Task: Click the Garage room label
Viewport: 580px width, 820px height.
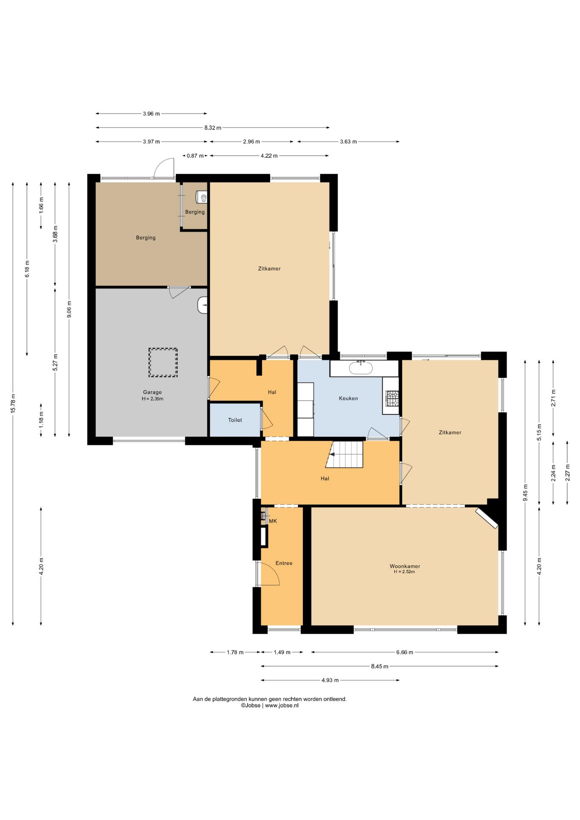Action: pos(152,392)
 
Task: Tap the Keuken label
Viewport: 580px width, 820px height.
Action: pos(349,398)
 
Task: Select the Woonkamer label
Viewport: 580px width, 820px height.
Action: pos(405,566)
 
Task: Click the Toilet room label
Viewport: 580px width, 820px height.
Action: pos(235,420)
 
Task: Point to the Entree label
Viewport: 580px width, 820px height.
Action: pos(284,563)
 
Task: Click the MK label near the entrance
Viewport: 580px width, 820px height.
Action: pos(273,521)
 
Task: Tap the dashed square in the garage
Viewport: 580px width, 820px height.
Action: pos(163,363)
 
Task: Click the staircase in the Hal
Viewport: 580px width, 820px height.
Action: pos(345,454)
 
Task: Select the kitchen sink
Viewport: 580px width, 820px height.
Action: pos(361,368)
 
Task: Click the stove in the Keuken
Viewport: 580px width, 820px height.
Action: pos(392,398)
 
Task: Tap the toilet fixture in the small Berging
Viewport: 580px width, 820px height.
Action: pos(202,197)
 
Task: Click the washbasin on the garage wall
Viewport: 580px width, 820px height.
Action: pos(203,305)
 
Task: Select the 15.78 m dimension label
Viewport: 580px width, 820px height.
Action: pos(13,403)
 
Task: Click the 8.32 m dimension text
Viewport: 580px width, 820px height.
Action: pos(213,128)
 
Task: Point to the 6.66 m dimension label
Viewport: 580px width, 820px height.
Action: pos(404,652)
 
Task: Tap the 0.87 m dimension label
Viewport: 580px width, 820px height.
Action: pos(195,156)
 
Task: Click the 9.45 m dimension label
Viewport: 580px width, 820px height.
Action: pos(525,493)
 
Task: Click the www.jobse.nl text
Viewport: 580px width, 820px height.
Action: pos(281,706)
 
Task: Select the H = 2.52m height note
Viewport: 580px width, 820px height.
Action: pos(404,572)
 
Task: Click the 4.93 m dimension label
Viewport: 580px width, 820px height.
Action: pos(330,680)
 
